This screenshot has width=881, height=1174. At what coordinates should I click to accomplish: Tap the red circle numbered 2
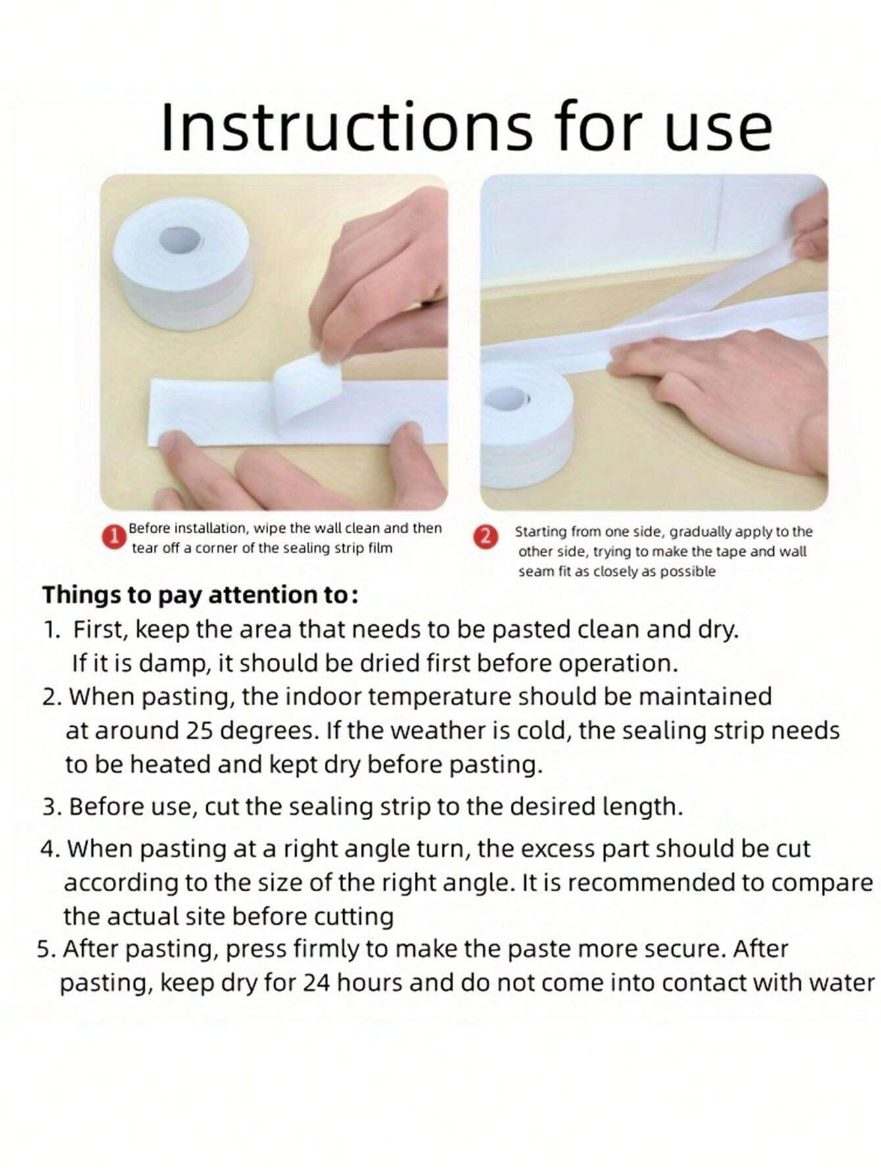(485, 536)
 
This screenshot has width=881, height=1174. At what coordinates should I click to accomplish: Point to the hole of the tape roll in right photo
(508, 398)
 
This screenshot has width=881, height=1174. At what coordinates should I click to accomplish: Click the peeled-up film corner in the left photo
(304, 385)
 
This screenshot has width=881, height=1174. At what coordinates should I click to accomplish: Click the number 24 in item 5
(316, 983)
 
